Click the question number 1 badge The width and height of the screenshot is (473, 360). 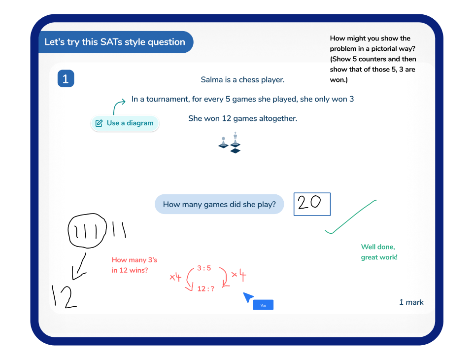coord(66,79)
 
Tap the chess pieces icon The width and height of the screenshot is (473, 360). coord(230,142)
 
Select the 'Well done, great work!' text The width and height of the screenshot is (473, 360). coord(379,252)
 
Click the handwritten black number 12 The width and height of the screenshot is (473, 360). coord(65,297)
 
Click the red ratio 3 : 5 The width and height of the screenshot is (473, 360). coord(204,268)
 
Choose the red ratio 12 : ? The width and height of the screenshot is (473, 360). coord(205,289)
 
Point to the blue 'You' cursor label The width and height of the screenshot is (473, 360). coord(263,305)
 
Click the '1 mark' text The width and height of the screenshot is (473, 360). coord(411,302)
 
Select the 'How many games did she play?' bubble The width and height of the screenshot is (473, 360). coord(219,204)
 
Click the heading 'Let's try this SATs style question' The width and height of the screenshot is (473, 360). coord(115,42)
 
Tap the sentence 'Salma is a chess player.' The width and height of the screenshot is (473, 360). coord(242,79)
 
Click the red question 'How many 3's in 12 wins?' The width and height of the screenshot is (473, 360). coord(135,265)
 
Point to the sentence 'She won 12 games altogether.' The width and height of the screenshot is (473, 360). coord(242,118)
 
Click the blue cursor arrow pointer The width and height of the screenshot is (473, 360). coord(248,297)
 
